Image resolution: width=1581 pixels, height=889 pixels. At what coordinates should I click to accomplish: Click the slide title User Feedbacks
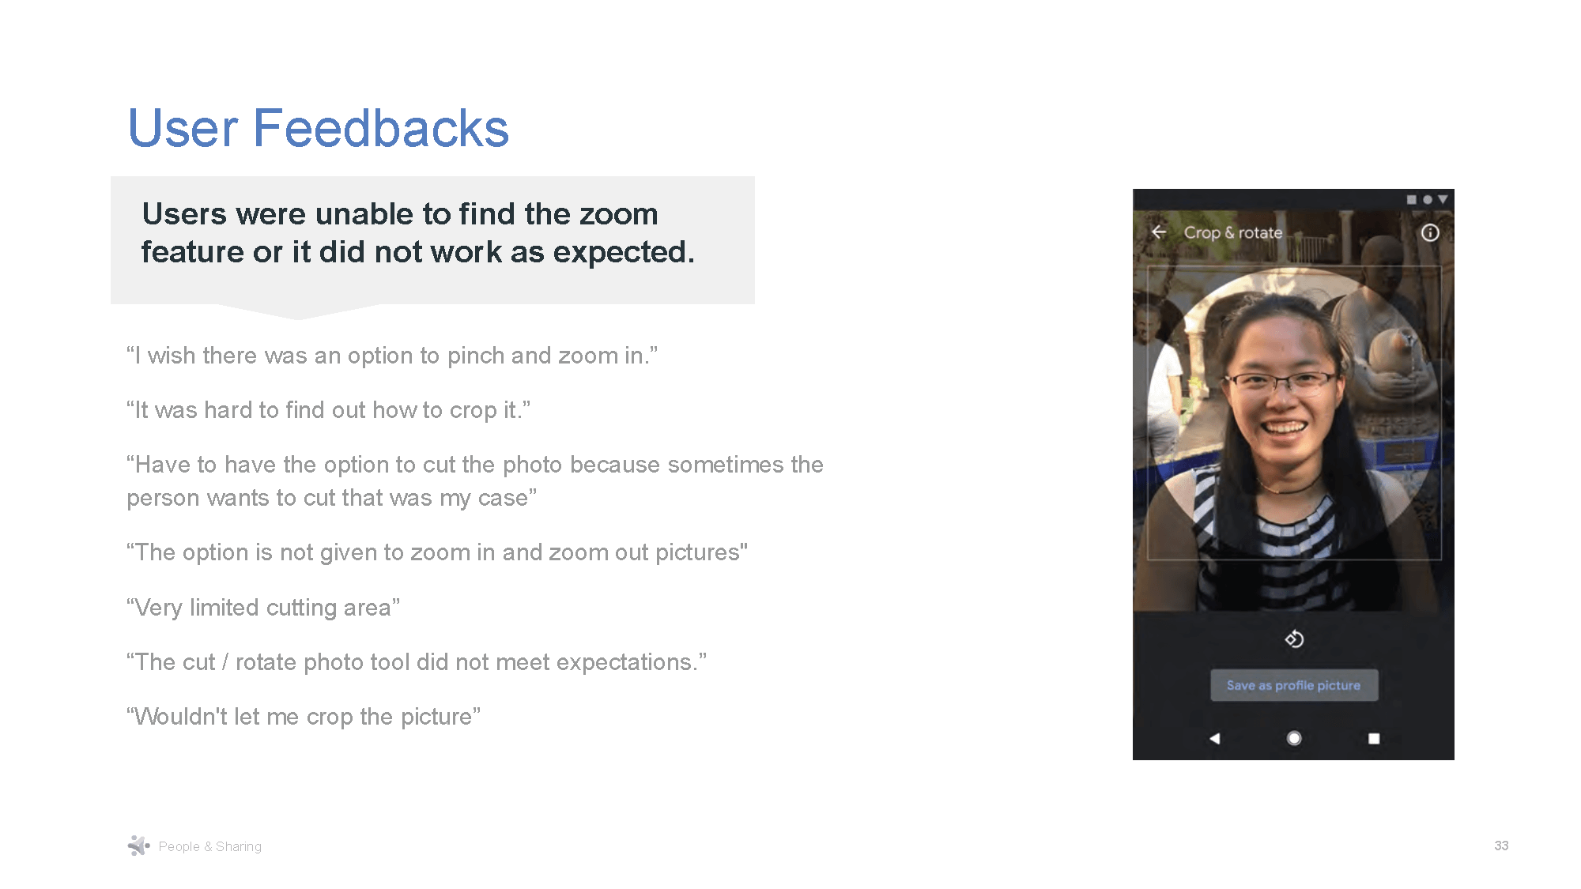319,128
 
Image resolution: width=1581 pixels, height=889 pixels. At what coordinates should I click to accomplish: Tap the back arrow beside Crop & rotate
1159,232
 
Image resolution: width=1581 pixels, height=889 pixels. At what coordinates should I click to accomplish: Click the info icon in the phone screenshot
1429,233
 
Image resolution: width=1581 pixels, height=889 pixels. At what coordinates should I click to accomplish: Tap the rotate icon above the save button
1294,638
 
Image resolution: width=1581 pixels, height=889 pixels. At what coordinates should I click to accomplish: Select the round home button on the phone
1294,738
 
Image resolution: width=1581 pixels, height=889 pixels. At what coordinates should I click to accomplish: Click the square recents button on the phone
1374,738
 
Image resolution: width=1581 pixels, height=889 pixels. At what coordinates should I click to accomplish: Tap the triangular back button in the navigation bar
1215,738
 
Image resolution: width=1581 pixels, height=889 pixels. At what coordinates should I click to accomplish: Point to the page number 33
1501,846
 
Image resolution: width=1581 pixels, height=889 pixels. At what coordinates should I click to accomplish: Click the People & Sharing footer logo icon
138,846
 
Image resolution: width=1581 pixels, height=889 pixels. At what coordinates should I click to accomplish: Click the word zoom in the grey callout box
618,214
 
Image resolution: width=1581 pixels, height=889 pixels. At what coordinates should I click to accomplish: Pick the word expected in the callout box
623,252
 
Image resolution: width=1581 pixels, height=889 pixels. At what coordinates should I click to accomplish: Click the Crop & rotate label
1232,233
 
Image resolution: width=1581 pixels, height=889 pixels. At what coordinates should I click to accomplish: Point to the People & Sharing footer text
209,846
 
